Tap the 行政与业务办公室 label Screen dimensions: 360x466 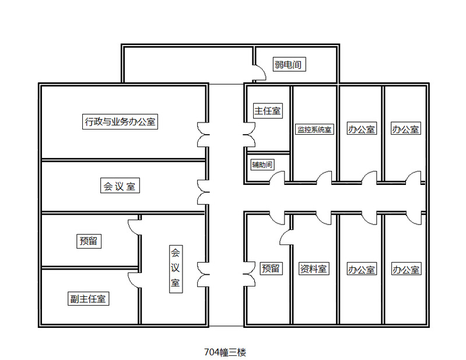point(121,122)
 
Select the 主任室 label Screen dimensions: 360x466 point(268,110)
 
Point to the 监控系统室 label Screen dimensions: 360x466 point(314,130)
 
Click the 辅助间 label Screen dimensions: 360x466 point(262,164)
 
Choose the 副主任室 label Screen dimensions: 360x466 point(87,299)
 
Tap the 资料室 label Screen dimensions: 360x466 point(314,269)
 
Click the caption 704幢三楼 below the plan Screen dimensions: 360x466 point(226,352)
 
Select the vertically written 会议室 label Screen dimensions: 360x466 point(175,269)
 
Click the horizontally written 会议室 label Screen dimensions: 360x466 point(120,187)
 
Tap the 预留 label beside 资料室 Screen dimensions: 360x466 point(271,268)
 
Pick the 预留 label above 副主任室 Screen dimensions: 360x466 point(88,240)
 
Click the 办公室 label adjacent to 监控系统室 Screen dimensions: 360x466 point(362,129)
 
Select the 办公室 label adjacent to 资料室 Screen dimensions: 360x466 point(362,270)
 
